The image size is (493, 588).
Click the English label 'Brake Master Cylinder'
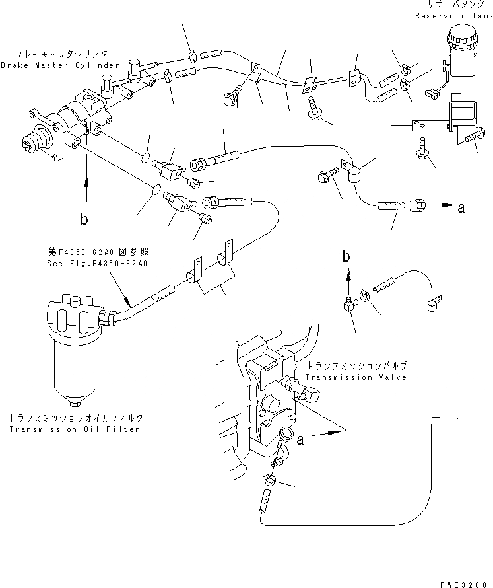click(60, 65)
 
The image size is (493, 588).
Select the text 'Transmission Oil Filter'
click(75, 429)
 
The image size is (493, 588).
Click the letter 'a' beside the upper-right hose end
click(461, 208)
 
